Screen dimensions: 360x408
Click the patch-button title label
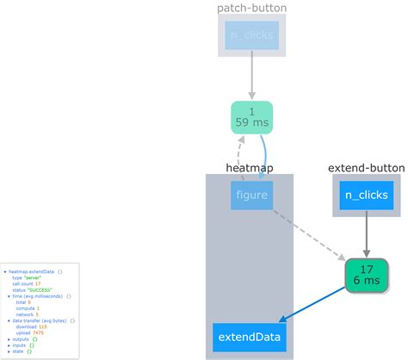click(x=251, y=8)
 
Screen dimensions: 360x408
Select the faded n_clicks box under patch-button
click(x=251, y=35)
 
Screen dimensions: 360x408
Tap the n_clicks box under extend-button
click(x=367, y=196)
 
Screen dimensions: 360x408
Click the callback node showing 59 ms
click(x=251, y=117)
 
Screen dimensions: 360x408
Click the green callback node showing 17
click(x=367, y=274)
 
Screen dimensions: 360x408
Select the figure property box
click(x=251, y=195)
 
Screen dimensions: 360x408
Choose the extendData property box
click(x=248, y=336)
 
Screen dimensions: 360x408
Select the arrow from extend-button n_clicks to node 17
click(x=367, y=234)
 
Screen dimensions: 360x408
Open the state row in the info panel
click(x=17, y=351)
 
